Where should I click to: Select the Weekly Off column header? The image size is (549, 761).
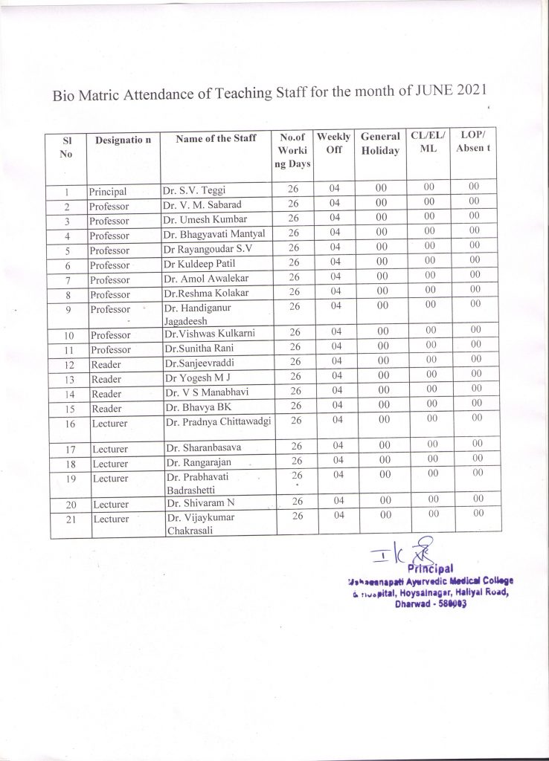[x=334, y=143]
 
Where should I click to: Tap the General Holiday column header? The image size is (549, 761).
[x=381, y=143]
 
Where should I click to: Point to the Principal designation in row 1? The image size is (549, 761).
[x=109, y=191]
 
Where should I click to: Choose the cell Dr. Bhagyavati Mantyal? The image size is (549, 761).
[x=214, y=234]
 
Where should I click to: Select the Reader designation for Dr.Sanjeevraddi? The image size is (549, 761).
[x=105, y=364]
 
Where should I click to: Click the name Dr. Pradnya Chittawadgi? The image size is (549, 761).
[x=218, y=421]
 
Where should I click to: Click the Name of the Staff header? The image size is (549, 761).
[x=216, y=139]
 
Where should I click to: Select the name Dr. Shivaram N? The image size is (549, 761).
[x=201, y=505]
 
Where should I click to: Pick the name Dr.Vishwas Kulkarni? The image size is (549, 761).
[x=210, y=334]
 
